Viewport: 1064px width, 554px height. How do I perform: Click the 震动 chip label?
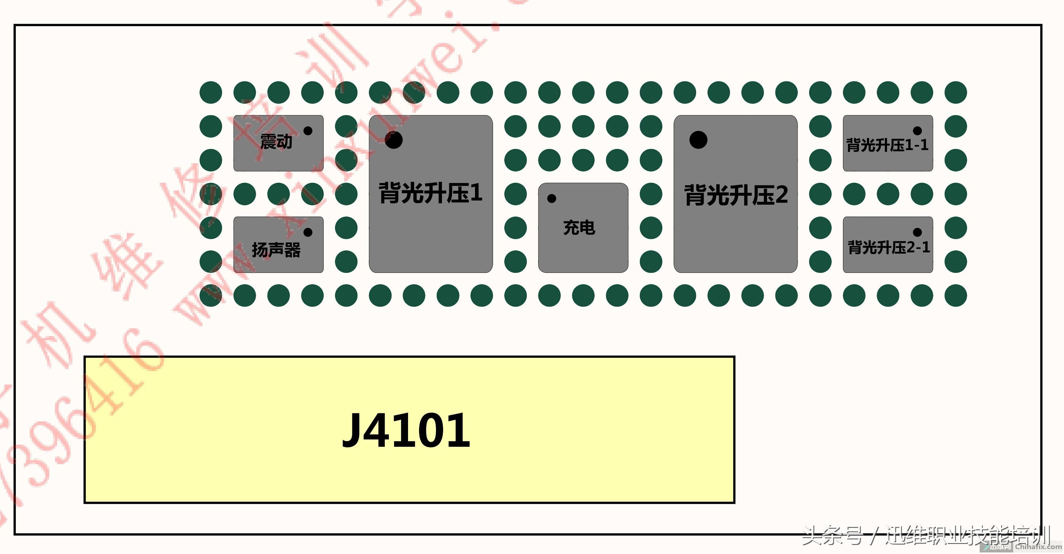[x=276, y=142]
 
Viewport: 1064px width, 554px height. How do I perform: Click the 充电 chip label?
[x=579, y=228]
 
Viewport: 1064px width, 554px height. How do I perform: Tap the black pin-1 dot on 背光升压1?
[x=394, y=140]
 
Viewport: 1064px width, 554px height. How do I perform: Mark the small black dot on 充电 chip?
[x=551, y=199]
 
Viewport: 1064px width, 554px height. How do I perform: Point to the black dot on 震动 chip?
[x=308, y=131]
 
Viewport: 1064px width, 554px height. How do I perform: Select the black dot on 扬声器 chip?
[x=308, y=232]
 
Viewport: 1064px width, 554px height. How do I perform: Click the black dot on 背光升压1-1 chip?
[x=917, y=131]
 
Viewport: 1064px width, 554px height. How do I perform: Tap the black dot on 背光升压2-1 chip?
[x=917, y=232]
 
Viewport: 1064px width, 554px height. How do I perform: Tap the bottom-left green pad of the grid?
[x=211, y=295]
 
